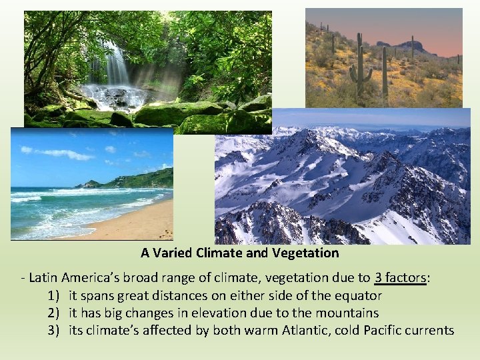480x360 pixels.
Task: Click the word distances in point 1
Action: click(175, 295)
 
